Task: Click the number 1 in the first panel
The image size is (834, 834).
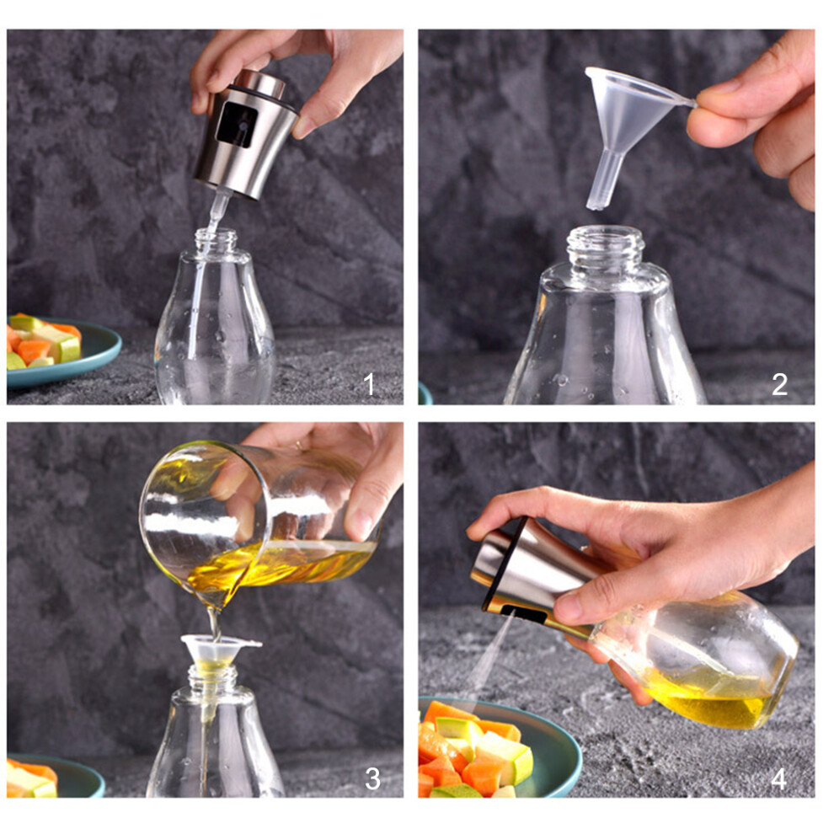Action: pyautogui.click(x=370, y=383)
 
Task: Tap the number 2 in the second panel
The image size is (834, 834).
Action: pyautogui.click(x=780, y=384)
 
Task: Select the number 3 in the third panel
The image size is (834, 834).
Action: pyautogui.click(x=372, y=778)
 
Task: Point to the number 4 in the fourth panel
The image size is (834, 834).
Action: pyautogui.click(x=778, y=779)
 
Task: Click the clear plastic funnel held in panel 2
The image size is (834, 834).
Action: pyautogui.click(x=628, y=117)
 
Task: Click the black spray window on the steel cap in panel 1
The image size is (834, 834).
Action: pyautogui.click(x=238, y=124)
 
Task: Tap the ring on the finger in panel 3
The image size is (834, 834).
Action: pyautogui.click(x=301, y=446)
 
